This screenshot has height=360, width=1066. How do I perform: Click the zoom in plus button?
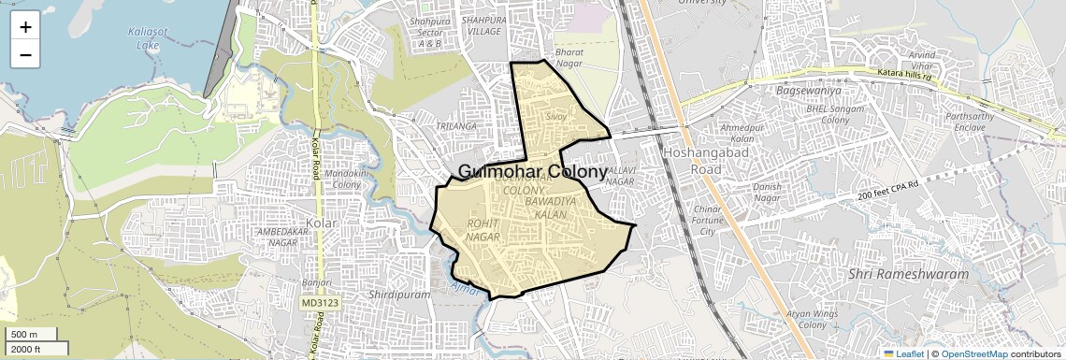[x=25, y=27]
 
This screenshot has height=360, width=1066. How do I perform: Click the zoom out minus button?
[x=25, y=55]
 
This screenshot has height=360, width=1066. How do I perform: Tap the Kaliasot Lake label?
[x=145, y=38]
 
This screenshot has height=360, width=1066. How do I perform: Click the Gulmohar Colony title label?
[x=533, y=172]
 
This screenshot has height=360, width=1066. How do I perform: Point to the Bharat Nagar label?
[x=569, y=59]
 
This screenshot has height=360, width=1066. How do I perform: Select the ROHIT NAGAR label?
[x=483, y=230]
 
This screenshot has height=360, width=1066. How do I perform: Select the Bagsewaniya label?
[x=810, y=91]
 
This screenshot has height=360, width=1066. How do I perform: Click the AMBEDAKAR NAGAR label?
[x=269, y=237]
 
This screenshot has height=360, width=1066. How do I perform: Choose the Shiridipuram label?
[x=399, y=294]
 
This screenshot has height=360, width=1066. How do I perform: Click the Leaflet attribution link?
[x=903, y=354]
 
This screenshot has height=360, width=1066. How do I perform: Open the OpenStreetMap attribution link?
[x=973, y=354]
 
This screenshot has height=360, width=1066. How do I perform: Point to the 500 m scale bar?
[x=32, y=335]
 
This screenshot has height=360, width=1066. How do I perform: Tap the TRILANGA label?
[x=458, y=125]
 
